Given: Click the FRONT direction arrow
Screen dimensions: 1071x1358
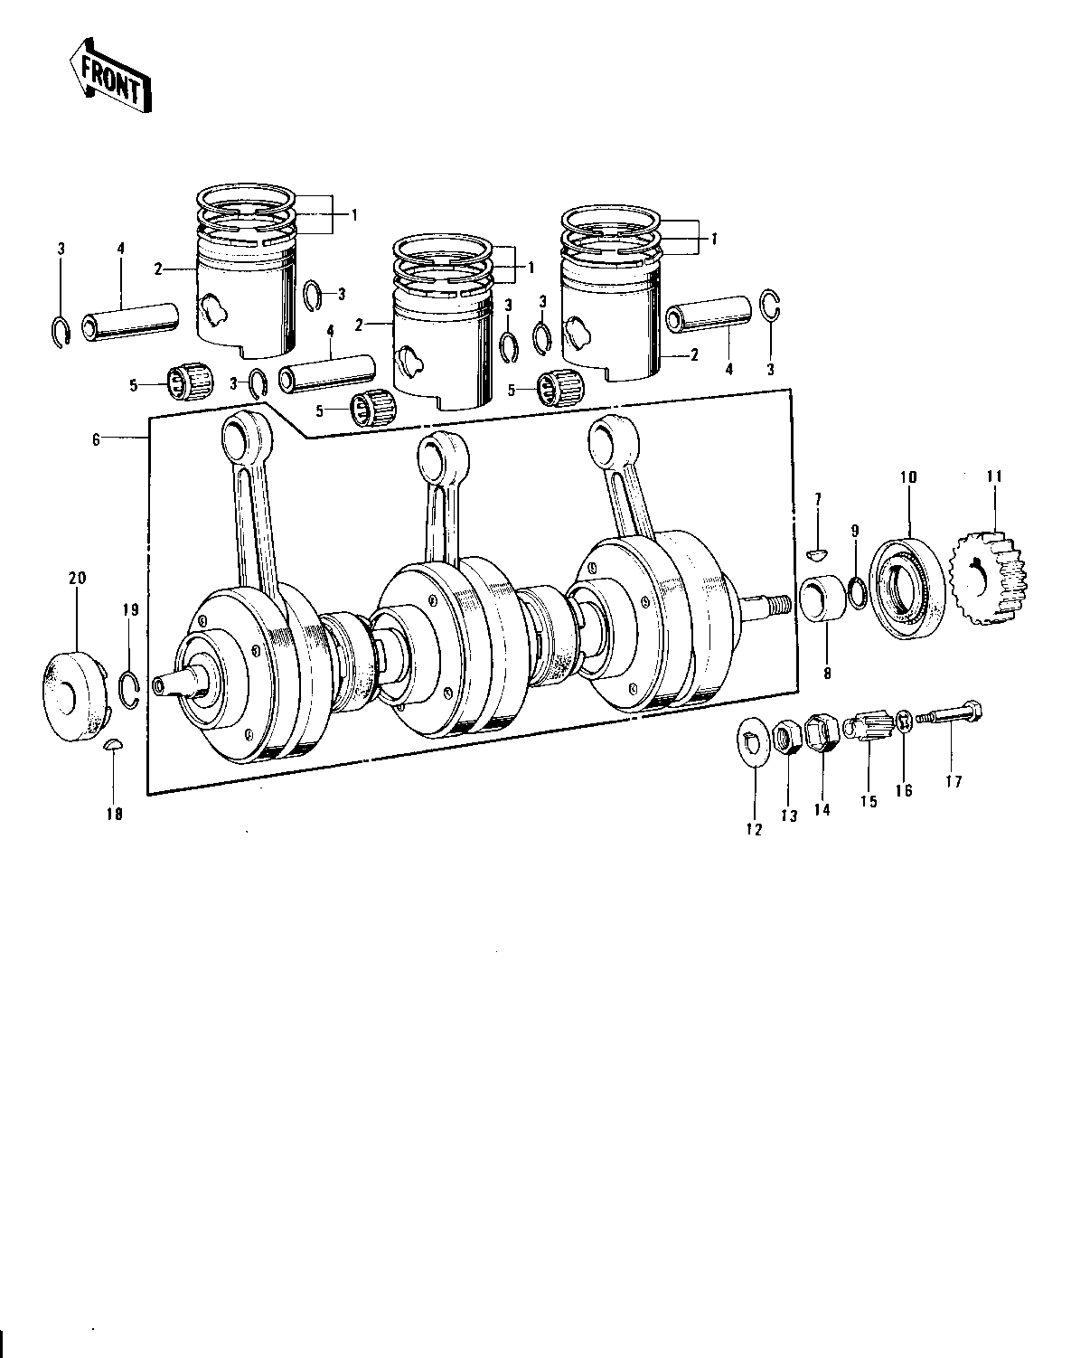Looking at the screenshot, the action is click(110, 76).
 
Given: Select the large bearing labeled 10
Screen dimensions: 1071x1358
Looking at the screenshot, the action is click(907, 588).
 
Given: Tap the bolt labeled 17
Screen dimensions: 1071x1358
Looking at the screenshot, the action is click(949, 715).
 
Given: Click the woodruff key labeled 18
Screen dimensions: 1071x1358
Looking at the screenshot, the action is click(114, 745).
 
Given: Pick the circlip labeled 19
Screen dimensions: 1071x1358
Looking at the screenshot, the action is click(129, 691).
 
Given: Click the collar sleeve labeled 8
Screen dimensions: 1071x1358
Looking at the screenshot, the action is click(823, 599).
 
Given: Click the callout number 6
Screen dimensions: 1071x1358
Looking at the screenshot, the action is click(96, 439).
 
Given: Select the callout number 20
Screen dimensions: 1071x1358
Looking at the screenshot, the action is click(78, 578).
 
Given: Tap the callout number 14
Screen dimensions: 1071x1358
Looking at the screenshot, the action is click(822, 809).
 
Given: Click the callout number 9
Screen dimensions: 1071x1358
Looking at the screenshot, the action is click(855, 531).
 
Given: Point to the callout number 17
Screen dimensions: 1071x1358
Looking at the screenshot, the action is click(954, 781).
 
